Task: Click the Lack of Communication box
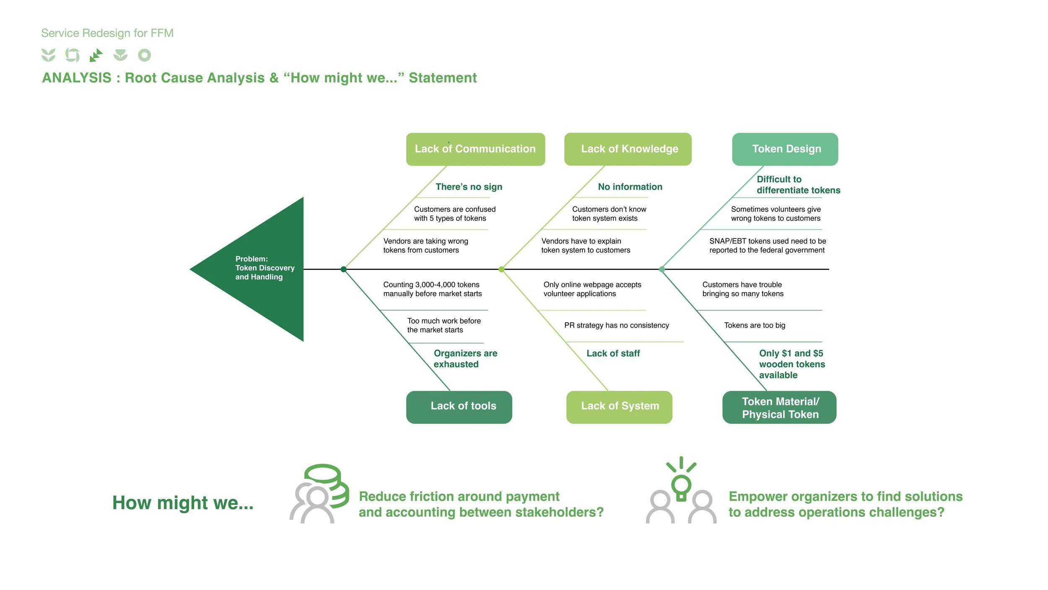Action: (x=475, y=149)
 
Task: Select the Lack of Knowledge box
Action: (x=628, y=149)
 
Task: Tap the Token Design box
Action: (x=785, y=149)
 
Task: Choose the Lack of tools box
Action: (x=459, y=407)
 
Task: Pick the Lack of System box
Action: (x=619, y=407)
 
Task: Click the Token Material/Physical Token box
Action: (x=779, y=407)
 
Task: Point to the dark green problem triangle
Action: (x=260, y=269)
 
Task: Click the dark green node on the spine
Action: (x=343, y=269)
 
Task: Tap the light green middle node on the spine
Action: (x=501, y=269)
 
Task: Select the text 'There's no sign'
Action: (x=469, y=187)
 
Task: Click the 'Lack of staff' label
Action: (x=613, y=353)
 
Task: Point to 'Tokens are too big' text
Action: (x=755, y=325)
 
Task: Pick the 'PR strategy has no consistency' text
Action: (x=616, y=325)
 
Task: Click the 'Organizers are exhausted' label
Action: (x=465, y=359)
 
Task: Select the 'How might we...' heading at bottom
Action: (x=183, y=503)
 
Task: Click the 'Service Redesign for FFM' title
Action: (x=107, y=33)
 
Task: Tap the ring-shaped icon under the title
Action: (x=145, y=55)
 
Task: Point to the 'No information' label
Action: (x=630, y=187)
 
